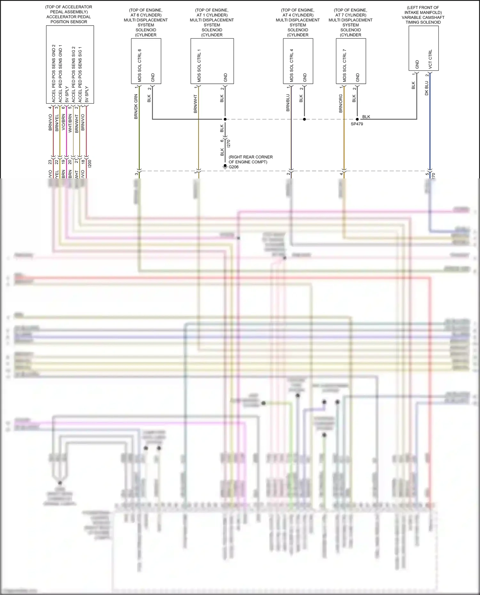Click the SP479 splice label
coord(357,124)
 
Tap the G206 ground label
coord(234,167)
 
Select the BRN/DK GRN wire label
coord(136,107)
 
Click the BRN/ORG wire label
coord(341,103)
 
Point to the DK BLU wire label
coord(427,88)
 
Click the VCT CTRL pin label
coord(430,59)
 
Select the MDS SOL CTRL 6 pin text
coord(140,65)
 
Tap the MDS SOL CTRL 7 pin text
coord(345,65)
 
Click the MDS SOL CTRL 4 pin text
coord(292,65)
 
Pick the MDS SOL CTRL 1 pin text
coord(199,65)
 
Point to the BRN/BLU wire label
coord(288,103)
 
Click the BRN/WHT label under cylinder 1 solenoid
coord(196,104)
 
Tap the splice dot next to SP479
coord(357,119)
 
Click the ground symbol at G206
coord(225,167)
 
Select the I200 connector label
coord(90,164)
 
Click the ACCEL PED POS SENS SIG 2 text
coord(73,74)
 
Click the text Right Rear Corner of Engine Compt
coord(251,160)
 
